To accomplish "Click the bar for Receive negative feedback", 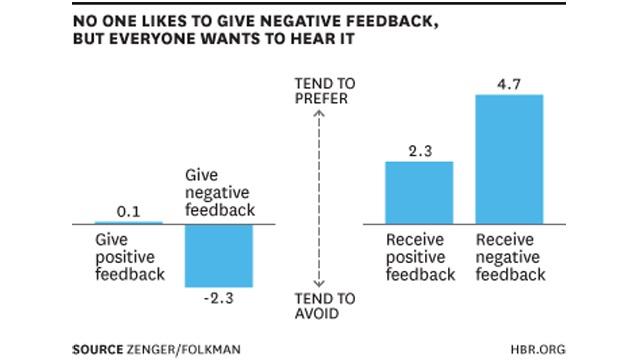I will (509, 158).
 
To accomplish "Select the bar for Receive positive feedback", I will (419, 192).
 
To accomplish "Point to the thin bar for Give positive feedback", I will (129, 222).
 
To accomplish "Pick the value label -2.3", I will (218, 298).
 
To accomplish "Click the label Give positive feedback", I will (129, 257).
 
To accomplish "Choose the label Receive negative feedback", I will (510, 257).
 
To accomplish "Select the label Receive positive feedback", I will (420, 257).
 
